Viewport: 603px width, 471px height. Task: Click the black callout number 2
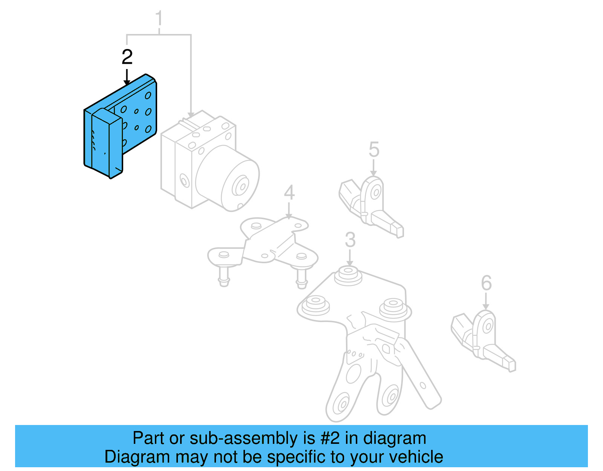click(127, 57)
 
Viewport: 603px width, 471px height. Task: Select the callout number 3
click(350, 240)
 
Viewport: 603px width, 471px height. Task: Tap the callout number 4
click(289, 193)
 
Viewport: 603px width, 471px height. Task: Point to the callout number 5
click(373, 150)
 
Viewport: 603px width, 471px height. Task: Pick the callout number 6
click(486, 283)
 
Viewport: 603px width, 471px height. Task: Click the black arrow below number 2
click(127, 77)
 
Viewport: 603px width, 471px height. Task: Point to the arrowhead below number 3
click(350, 264)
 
